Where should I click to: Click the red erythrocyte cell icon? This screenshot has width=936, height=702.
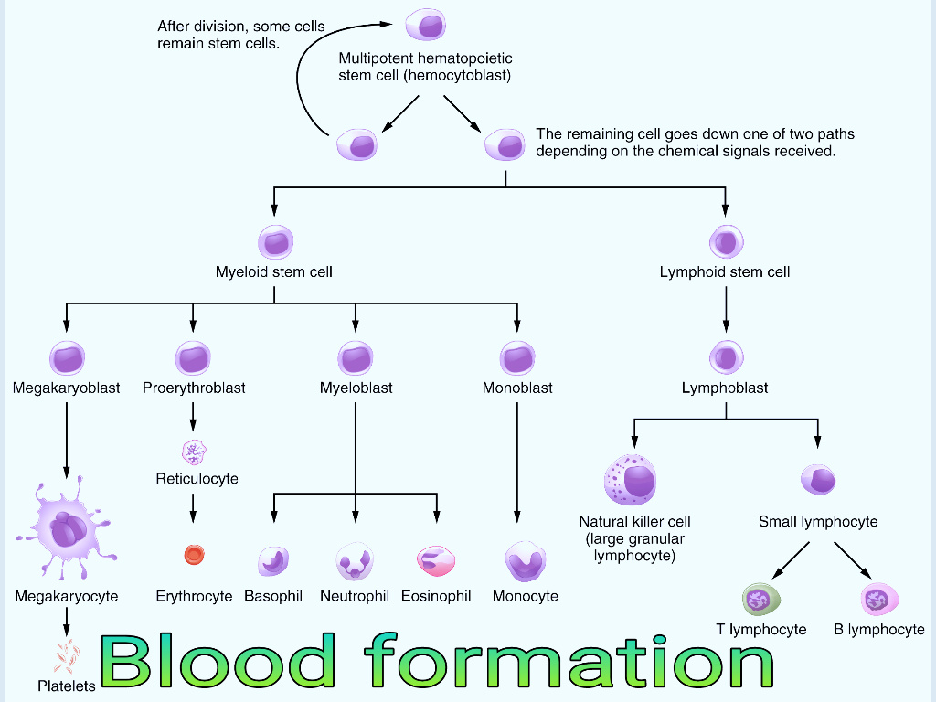pyautogui.click(x=194, y=554)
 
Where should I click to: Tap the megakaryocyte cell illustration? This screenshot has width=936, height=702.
pyautogui.click(x=66, y=528)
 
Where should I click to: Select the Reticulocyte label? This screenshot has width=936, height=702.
pyautogui.click(x=197, y=479)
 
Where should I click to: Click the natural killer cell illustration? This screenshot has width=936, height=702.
pyautogui.click(x=631, y=479)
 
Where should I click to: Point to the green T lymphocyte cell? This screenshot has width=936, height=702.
pyautogui.click(x=760, y=600)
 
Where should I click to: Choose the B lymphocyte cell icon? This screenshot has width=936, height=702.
pyautogui.click(x=879, y=600)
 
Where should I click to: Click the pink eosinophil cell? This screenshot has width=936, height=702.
pyautogui.click(x=436, y=560)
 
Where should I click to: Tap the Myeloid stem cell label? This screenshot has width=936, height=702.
pyautogui.click(x=274, y=271)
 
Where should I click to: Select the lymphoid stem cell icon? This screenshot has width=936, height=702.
pyautogui.click(x=726, y=242)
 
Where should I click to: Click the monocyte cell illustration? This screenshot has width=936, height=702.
pyautogui.click(x=526, y=561)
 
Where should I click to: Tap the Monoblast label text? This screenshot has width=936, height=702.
pyautogui.click(x=517, y=388)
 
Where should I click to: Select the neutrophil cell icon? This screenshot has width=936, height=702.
pyautogui.click(x=355, y=560)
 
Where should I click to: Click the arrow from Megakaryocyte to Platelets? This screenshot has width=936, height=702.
pyautogui.click(x=66, y=623)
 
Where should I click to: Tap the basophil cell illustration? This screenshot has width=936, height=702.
pyautogui.click(x=272, y=561)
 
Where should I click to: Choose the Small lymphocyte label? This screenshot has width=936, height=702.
pyautogui.click(x=818, y=522)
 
